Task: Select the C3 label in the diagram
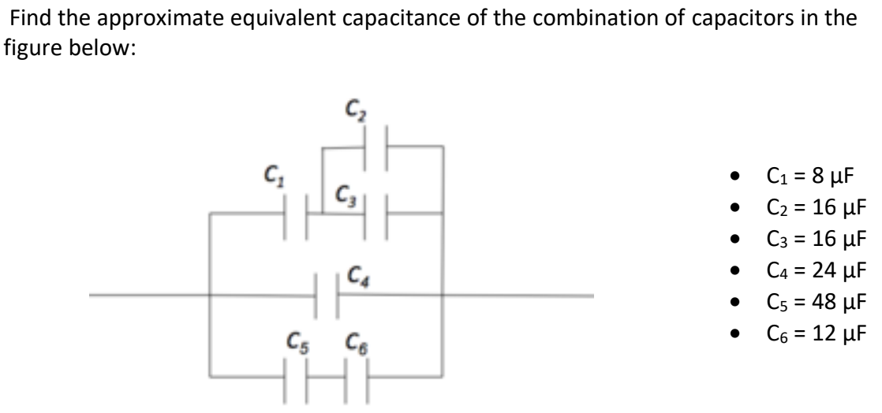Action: (341, 194)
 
